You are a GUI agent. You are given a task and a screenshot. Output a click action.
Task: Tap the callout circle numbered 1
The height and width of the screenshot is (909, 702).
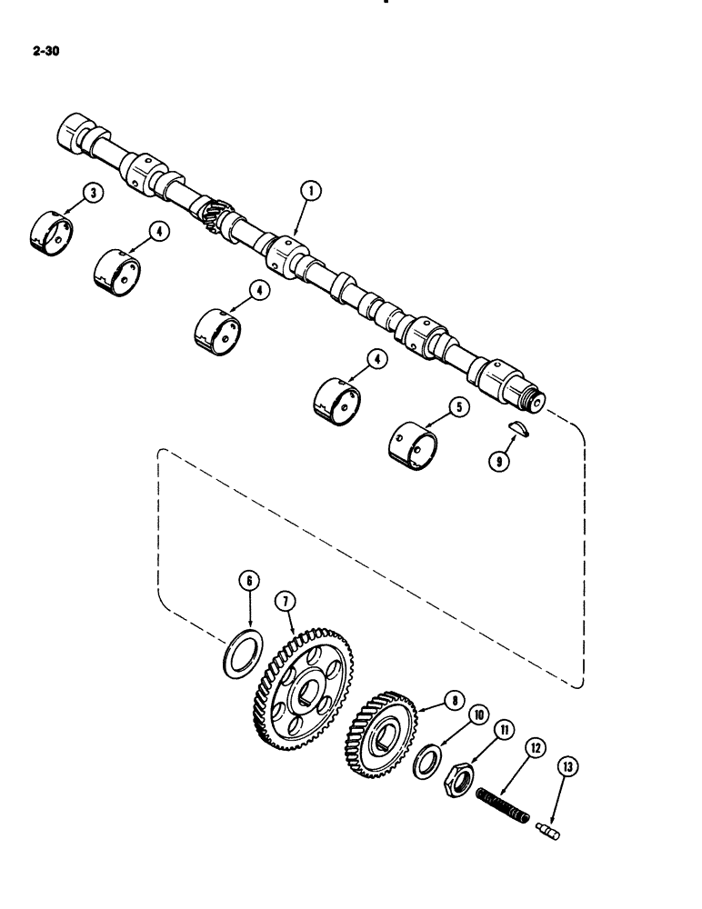[311, 191]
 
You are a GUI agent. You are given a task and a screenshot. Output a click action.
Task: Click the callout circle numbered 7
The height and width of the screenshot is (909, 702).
[285, 601]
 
